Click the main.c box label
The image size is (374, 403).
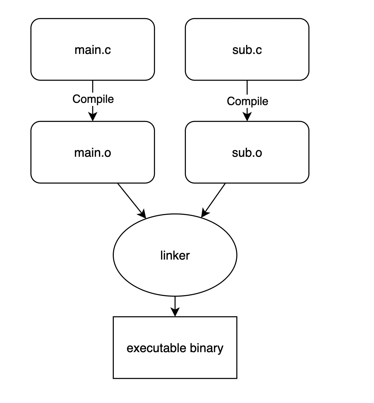click(x=93, y=50)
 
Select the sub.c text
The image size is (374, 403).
click(x=247, y=50)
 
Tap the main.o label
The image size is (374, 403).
click(x=93, y=153)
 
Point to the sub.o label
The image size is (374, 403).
click(x=247, y=153)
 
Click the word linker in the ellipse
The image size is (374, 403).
click(x=175, y=255)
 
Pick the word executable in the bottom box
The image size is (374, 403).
click(x=156, y=348)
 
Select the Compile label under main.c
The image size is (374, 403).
click(x=93, y=99)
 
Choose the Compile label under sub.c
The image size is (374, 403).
click(x=248, y=101)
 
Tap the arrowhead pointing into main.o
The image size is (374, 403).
click(x=93, y=117)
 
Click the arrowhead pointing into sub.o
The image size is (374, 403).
click(x=247, y=117)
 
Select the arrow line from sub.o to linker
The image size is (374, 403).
click(x=213, y=200)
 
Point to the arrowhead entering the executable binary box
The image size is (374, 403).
click(x=175, y=312)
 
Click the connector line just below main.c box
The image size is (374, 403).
click(x=93, y=86)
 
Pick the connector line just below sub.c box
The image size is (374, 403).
click(x=247, y=88)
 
